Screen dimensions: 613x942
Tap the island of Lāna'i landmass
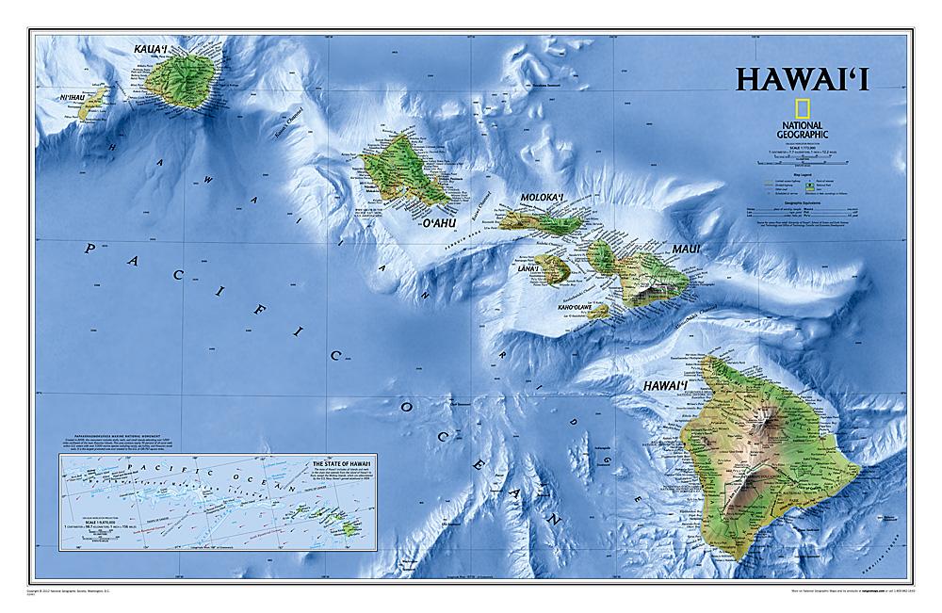(x=552, y=268)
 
